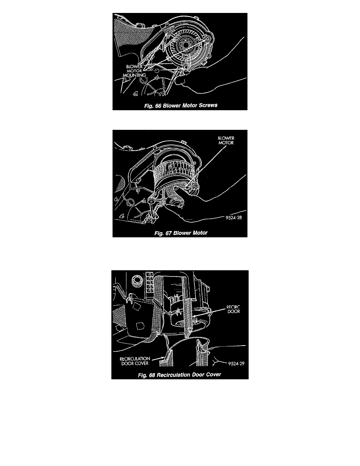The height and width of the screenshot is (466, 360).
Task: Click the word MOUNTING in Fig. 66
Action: [x=134, y=75]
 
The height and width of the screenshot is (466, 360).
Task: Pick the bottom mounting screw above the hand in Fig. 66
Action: [x=186, y=69]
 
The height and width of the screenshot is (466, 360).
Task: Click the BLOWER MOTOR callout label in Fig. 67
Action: [x=226, y=140]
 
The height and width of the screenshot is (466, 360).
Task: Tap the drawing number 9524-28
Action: [x=234, y=218]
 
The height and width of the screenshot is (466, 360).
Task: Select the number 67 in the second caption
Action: [x=168, y=233]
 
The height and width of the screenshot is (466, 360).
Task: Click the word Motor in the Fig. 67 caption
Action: [x=199, y=233]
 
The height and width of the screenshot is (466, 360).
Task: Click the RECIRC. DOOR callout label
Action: [x=233, y=309]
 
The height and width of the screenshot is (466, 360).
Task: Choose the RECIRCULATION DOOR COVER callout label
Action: [x=135, y=361]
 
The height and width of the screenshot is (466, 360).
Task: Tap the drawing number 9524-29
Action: [x=236, y=364]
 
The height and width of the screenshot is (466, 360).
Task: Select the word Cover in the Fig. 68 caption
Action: [x=213, y=375]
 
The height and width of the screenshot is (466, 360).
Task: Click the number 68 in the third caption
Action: [x=152, y=375]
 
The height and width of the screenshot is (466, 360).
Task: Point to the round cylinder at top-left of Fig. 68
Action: [x=138, y=280]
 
